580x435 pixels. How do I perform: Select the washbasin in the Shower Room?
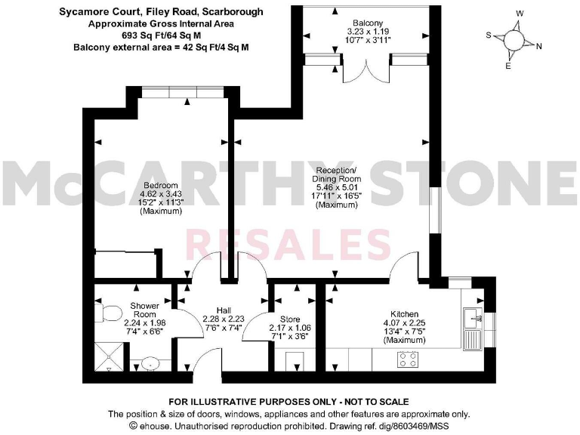coord(149,363)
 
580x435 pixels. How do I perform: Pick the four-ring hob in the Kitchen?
coord(409,359)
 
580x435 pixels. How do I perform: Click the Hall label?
coord(224,310)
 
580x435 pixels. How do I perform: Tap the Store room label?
coord(289,319)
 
